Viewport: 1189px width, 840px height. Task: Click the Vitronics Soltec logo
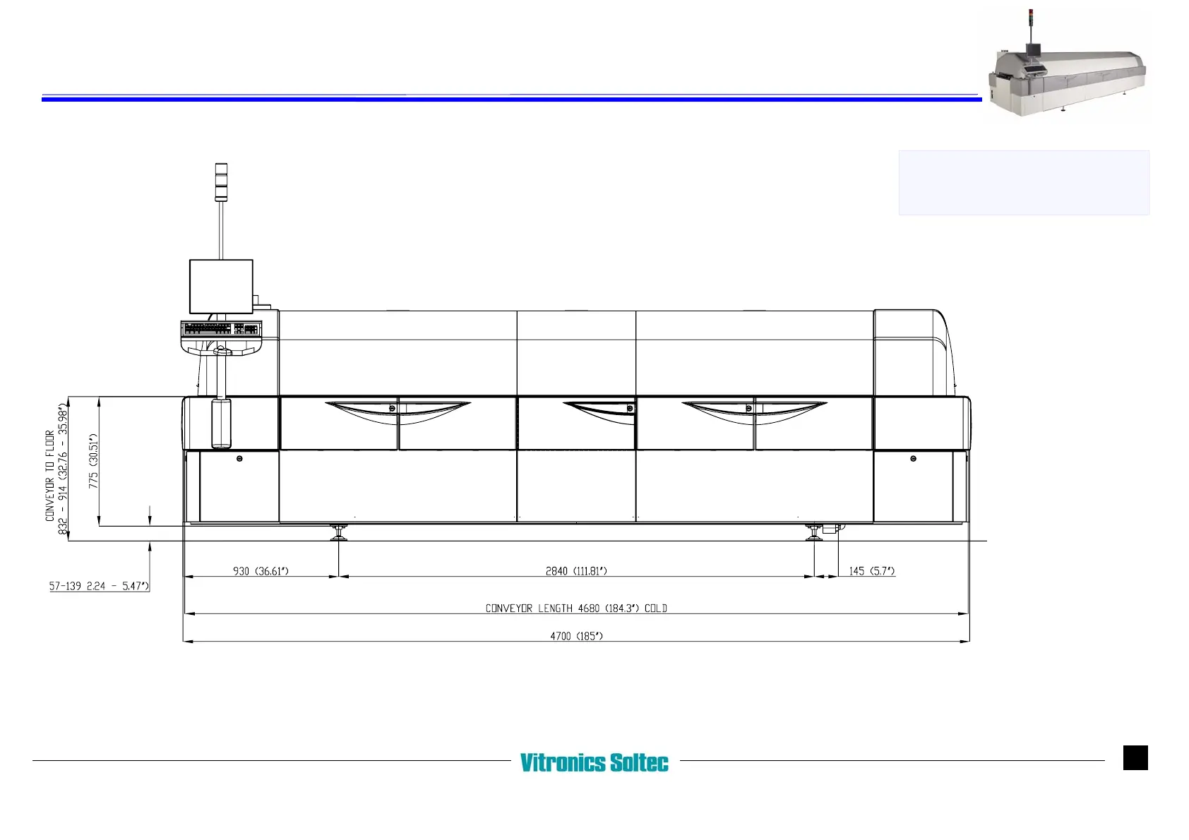pyautogui.click(x=594, y=762)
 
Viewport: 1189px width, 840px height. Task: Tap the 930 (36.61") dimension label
pyautogui.click(x=261, y=571)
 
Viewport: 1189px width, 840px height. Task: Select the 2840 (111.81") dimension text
pyautogui.click(x=576, y=571)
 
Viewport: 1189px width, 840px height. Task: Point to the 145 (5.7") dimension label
pyautogui.click(x=871, y=571)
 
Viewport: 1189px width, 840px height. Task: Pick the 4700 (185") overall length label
pyautogui.click(x=576, y=636)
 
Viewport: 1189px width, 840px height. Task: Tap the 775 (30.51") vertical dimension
pyautogui.click(x=93, y=461)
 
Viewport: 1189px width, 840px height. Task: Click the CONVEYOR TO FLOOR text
pyautogui.click(x=50, y=476)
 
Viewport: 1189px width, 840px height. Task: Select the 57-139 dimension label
pyautogui.click(x=99, y=586)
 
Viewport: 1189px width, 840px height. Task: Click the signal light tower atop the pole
pyautogui.click(x=221, y=182)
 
